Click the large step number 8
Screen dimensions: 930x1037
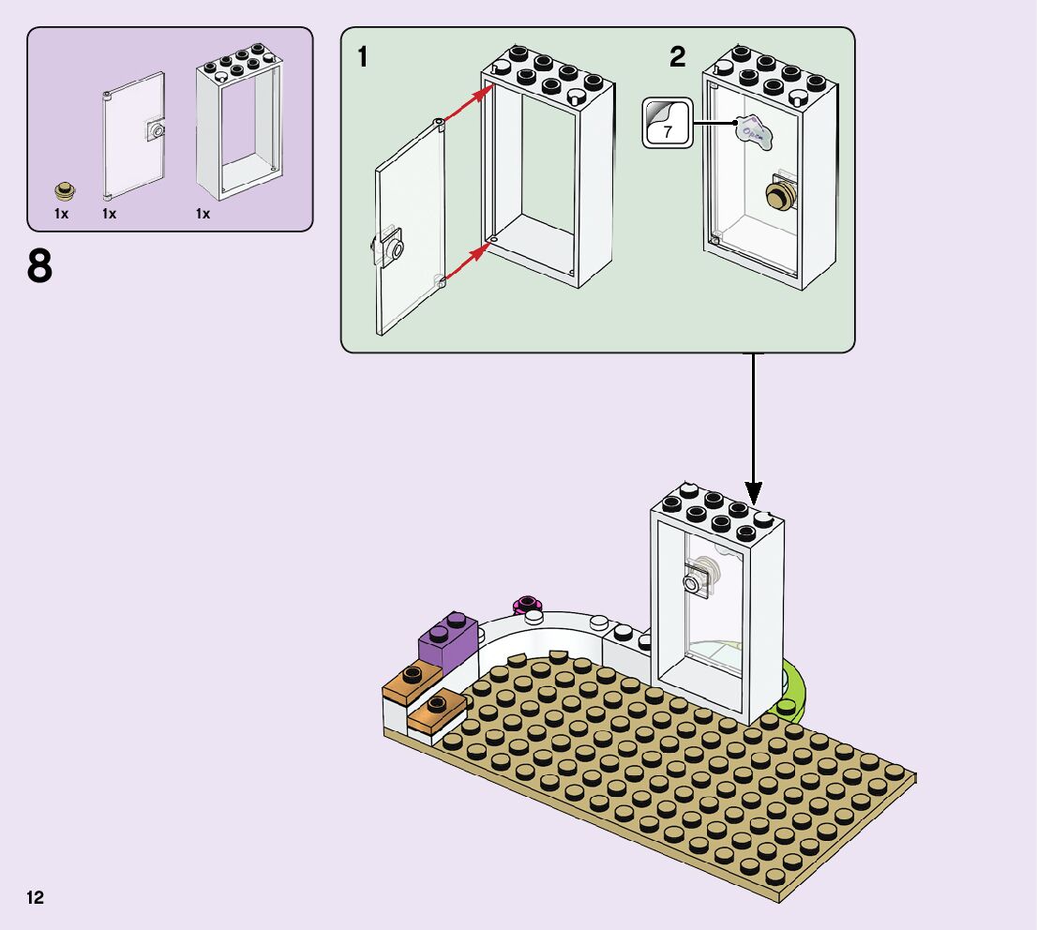click(x=39, y=267)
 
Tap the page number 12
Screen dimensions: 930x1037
click(x=36, y=898)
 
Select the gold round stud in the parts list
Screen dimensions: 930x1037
click(x=66, y=191)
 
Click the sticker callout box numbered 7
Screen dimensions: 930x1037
click(x=667, y=124)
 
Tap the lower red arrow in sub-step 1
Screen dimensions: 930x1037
click(x=467, y=262)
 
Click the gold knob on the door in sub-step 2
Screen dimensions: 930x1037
click(x=779, y=194)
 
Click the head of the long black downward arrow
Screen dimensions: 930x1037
click(x=753, y=492)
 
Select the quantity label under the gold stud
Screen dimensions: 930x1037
click(x=62, y=214)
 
